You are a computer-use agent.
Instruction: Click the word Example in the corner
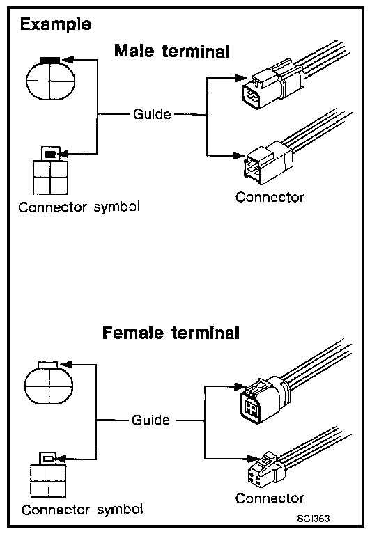pyautogui.click(x=56, y=25)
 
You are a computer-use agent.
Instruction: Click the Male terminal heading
pyautogui.click(x=171, y=52)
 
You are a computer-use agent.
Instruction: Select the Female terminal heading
pyautogui.click(x=171, y=333)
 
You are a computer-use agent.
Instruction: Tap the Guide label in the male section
pyautogui.click(x=152, y=114)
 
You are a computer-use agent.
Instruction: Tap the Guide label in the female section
pyautogui.click(x=150, y=420)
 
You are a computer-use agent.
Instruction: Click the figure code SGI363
pyautogui.click(x=314, y=519)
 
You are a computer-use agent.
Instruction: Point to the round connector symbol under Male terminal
pyautogui.click(x=51, y=79)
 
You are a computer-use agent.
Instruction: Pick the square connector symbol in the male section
pyautogui.click(x=50, y=171)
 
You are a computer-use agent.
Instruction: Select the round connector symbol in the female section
pyautogui.click(x=49, y=383)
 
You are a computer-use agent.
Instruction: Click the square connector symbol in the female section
pyautogui.click(x=48, y=475)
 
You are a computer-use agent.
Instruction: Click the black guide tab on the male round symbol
pyautogui.click(x=50, y=60)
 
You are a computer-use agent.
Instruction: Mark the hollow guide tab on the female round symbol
pyautogui.click(x=48, y=364)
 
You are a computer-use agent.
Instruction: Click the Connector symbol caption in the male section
pyautogui.click(x=79, y=207)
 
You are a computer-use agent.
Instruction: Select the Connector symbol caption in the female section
pyautogui.click(x=82, y=510)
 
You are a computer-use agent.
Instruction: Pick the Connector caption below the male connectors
pyautogui.click(x=270, y=197)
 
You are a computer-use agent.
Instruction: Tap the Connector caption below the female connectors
pyautogui.click(x=270, y=498)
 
